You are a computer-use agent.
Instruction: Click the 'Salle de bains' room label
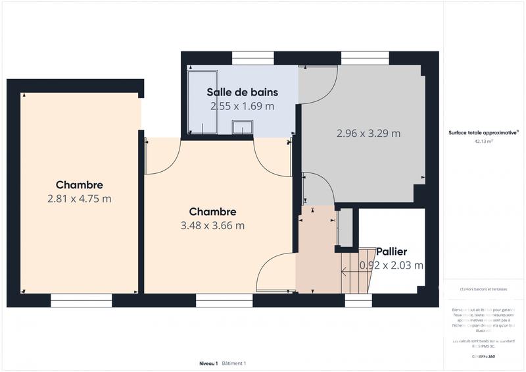(242, 92)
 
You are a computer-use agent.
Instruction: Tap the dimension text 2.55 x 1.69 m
(242, 105)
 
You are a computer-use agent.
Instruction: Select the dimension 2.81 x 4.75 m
(79, 198)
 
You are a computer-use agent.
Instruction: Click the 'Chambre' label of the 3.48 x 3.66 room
(212, 212)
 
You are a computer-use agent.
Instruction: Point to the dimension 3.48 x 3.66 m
(212, 226)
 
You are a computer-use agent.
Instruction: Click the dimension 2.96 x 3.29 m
(368, 133)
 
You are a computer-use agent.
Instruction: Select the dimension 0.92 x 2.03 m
(391, 265)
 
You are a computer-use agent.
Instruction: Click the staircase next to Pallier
(356, 270)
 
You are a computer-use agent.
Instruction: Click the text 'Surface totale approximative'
(483, 132)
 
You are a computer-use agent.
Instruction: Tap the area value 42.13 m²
(483, 141)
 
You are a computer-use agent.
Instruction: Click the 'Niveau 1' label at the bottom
(208, 363)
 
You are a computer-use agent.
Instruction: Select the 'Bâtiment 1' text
(234, 363)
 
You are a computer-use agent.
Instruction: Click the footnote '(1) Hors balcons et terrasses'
(483, 289)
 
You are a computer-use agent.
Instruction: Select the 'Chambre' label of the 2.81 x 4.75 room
(79, 185)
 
